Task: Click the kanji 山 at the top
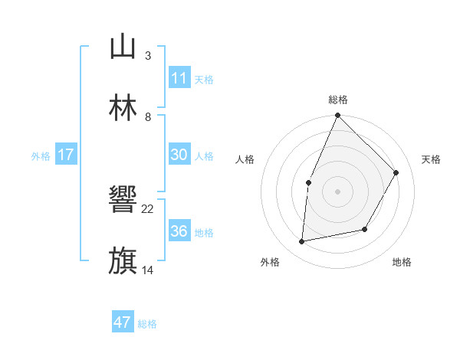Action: point(123,47)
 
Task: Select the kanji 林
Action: point(123,107)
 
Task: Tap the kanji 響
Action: point(123,201)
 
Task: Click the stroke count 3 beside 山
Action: point(147,56)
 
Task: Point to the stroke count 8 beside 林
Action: point(147,116)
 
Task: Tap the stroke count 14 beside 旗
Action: point(148,270)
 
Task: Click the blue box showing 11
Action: point(179,78)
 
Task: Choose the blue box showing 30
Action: point(179,155)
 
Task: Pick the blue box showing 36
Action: point(179,231)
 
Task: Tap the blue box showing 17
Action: point(66,155)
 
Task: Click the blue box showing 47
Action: point(123,322)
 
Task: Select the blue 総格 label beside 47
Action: point(147,324)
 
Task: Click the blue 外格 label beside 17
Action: point(41,156)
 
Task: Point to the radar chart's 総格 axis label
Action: point(337,100)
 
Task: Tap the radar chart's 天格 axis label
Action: point(431,159)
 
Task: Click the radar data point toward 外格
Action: point(302,242)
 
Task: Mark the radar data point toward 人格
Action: point(308,182)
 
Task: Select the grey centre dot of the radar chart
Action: point(337,191)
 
